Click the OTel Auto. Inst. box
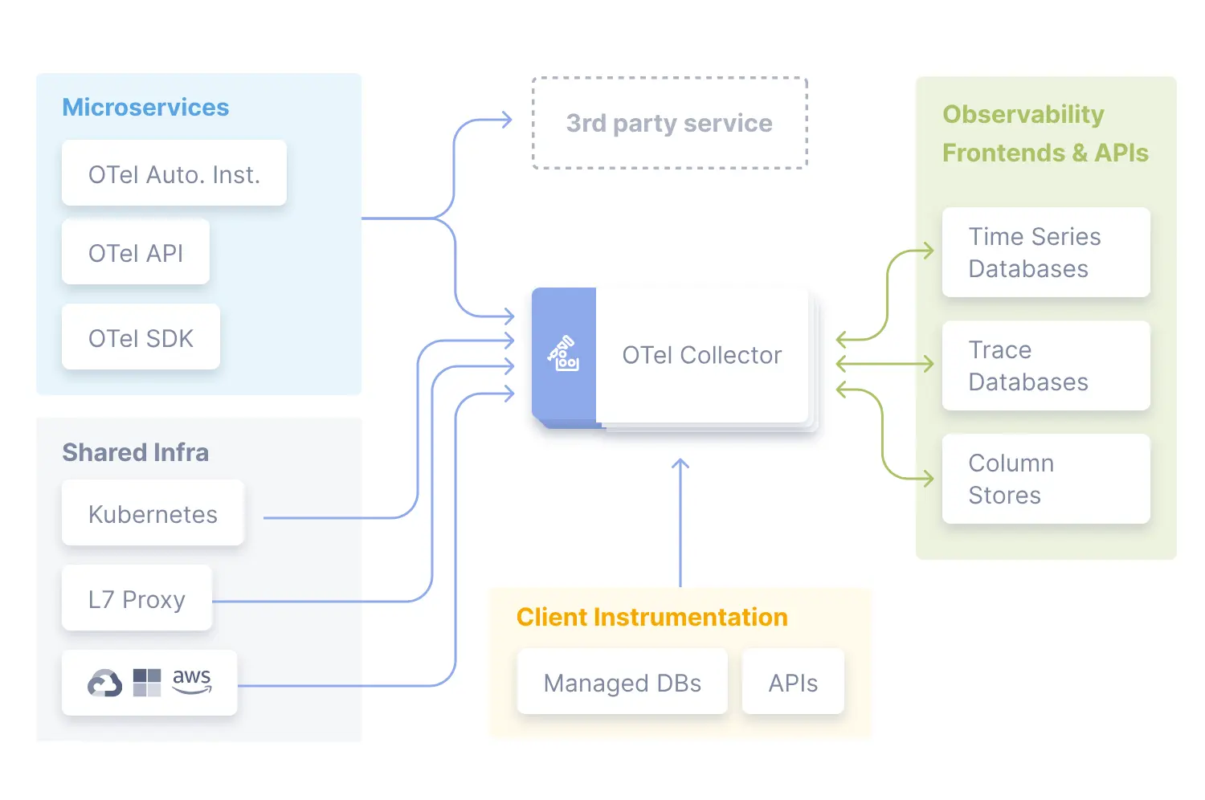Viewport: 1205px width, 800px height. [174, 173]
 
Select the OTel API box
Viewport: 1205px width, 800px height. [135, 252]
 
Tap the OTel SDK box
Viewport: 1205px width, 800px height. [141, 337]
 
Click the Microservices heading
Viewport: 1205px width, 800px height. [145, 107]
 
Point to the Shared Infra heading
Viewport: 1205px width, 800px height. [135, 452]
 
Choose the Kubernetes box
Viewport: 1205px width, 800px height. [153, 513]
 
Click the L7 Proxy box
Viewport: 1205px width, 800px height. [137, 598]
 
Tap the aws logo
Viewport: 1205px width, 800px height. [192, 680]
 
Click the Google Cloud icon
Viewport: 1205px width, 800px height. [104, 683]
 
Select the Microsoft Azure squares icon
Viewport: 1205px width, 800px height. [147, 683]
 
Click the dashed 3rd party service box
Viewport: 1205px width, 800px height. [669, 123]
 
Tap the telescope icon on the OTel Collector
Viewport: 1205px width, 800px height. [564, 353]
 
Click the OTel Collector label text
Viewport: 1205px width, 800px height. [701, 355]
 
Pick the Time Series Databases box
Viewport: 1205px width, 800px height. [1045, 252]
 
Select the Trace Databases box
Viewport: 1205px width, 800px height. [1045, 365]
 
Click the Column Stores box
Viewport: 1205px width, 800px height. [1045, 479]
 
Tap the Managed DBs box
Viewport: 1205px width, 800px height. [622, 682]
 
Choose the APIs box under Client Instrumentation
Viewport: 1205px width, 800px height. [793, 682]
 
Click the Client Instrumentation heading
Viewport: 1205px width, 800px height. [652, 617]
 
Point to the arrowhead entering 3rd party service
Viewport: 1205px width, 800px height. [506, 120]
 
